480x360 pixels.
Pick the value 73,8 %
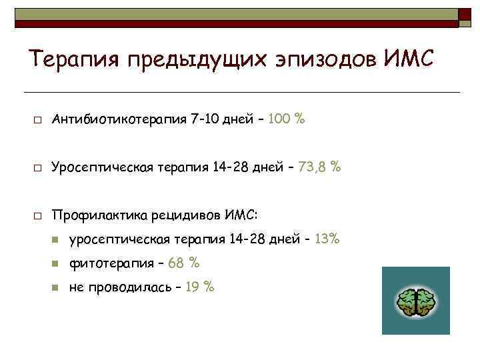(321, 167)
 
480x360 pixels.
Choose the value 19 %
(199, 287)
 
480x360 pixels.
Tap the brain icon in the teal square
(415, 302)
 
